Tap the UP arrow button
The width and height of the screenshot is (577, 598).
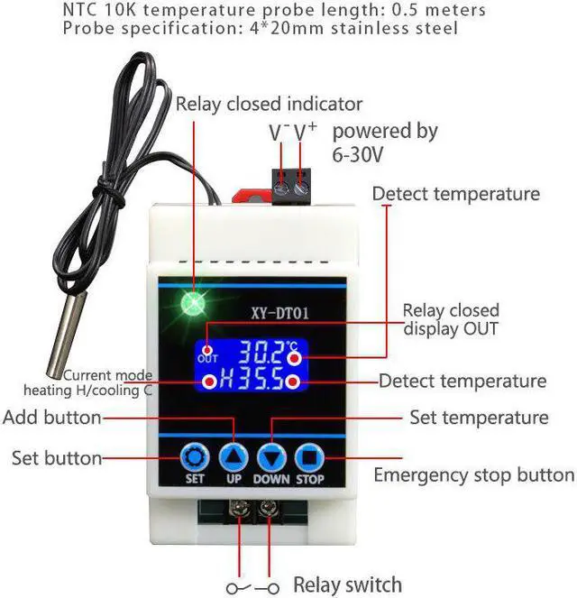coord(234,456)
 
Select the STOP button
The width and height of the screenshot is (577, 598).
coord(309,456)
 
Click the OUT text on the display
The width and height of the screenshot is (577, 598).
coord(207,358)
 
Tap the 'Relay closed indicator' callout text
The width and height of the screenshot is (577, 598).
coord(269,104)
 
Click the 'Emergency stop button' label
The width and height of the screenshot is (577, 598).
coord(473,475)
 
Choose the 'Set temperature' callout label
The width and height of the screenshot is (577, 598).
coord(479,418)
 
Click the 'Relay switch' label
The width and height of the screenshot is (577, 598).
coord(347,584)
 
